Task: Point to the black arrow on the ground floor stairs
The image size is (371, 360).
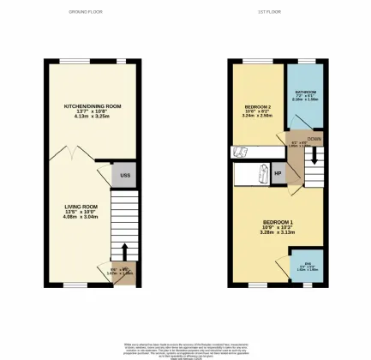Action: (x=126, y=250)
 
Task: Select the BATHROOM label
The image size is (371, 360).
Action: (x=306, y=92)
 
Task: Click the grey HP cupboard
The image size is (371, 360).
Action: (x=278, y=175)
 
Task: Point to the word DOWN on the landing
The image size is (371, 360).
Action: (x=315, y=138)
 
